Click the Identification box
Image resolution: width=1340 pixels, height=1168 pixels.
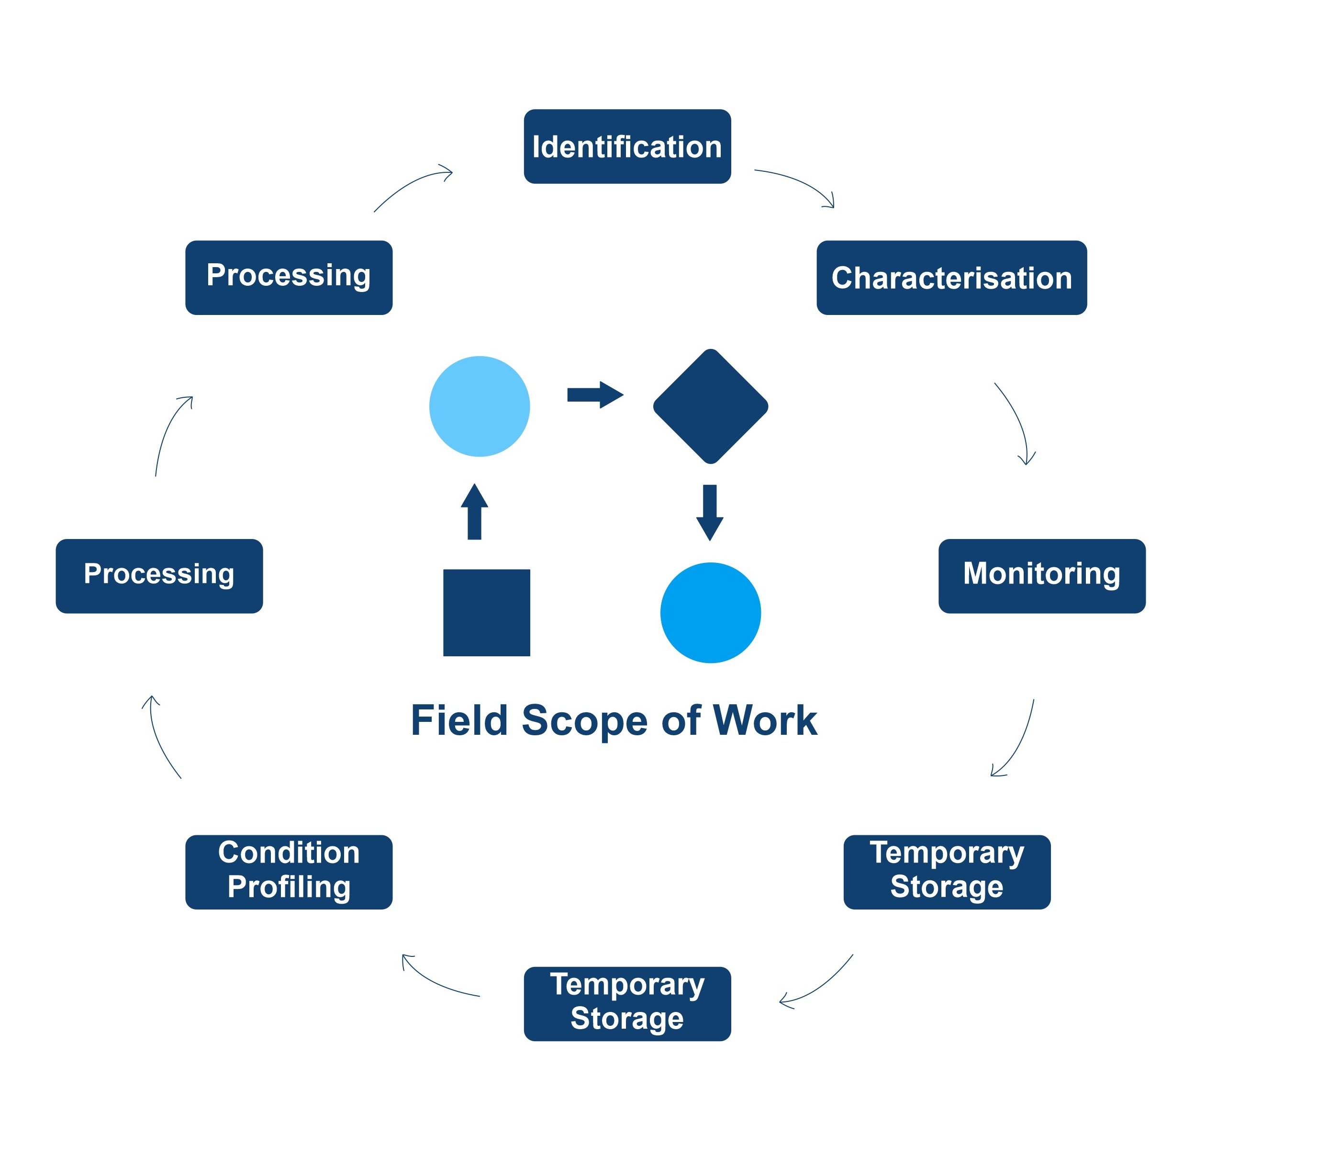(x=627, y=146)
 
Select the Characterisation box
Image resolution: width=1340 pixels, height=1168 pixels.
(x=951, y=278)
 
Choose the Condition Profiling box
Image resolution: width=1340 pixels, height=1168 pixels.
(x=289, y=872)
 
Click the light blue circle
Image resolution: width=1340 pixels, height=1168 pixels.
(x=480, y=406)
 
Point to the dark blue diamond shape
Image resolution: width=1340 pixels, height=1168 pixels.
(x=710, y=406)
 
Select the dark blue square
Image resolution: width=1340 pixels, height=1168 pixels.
(x=487, y=613)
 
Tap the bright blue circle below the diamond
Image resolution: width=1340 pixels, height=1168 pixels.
(x=710, y=613)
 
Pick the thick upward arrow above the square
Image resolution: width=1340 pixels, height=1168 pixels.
(x=474, y=512)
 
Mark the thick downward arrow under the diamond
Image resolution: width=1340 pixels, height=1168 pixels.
(x=710, y=512)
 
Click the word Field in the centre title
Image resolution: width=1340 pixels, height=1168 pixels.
(x=459, y=721)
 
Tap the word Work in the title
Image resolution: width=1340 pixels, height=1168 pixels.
(x=765, y=721)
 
